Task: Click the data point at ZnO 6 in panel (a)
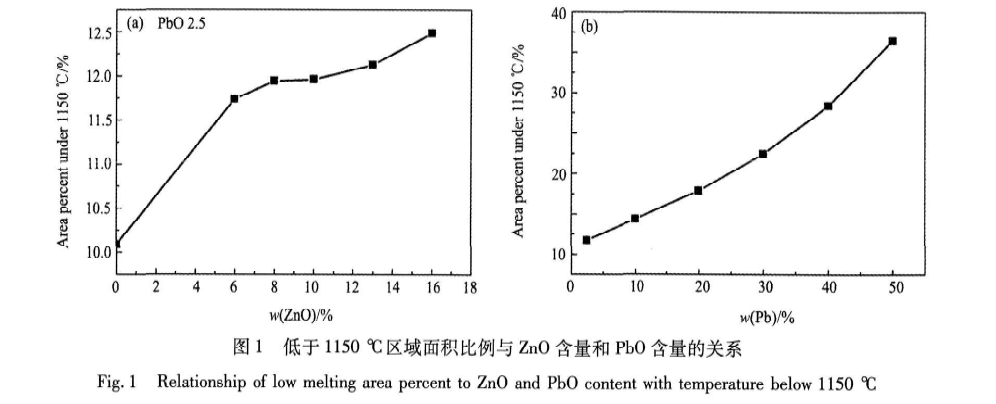click(x=234, y=98)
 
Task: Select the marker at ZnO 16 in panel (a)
click(x=432, y=33)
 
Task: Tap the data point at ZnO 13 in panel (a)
click(x=372, y=65)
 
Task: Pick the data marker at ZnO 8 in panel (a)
click(x=274, y=81)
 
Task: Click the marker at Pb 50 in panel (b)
click(x=892, y=41)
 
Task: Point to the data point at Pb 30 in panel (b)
click(x=763, y=154)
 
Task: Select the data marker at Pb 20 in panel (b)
click(x=698, y=191)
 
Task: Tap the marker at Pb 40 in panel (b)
click(x=828, y=106)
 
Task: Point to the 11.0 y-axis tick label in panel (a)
click(x=99, y=164)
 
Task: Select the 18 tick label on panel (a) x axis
click(x=470, y=287)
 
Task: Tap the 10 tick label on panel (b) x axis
click(x=637, y=287)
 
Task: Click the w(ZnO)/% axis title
click(x=301, y=315)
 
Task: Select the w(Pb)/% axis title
click(x=767, y=317)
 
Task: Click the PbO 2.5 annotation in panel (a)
click(x=181, y=24)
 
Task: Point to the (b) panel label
click(x=589, y=27)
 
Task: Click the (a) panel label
click(x=135, y=24)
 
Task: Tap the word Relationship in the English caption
click(x=201, y=383)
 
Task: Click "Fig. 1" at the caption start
click(x=116, y=383)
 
